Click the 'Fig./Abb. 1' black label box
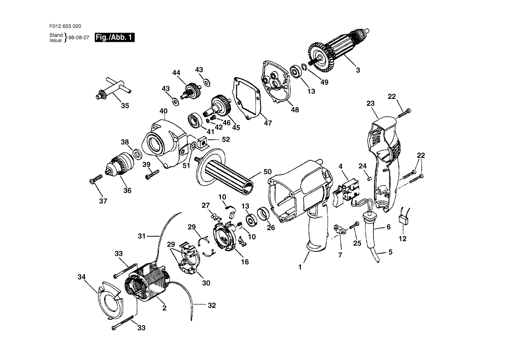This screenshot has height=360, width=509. coord(115,37)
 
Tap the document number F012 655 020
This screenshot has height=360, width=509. coord(65,26)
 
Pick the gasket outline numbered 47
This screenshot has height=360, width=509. coord(248,98)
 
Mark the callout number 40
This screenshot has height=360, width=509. coord(163,111)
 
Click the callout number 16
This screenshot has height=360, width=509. coord(245,262)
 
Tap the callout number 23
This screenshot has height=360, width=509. coord(371,103)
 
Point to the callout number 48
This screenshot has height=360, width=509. coord(295,110)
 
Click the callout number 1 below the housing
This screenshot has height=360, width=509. coord(300,267)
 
